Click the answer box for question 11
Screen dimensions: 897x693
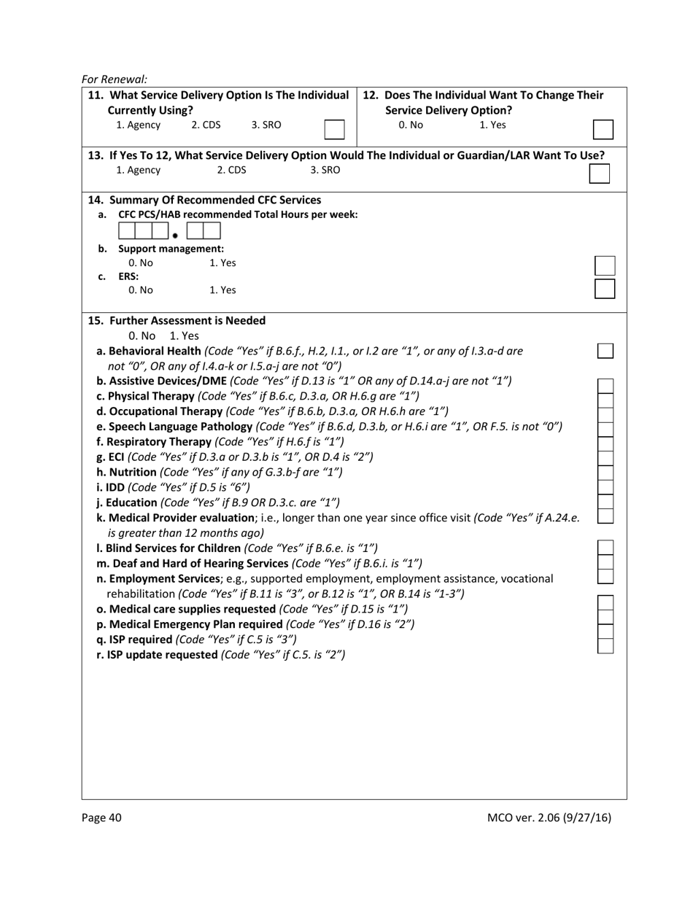(x=334, y=130)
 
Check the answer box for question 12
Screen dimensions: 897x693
(x=603, y=130)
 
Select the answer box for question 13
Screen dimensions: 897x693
(x=599, y=174)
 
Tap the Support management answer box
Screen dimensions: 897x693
(x=605, y=265)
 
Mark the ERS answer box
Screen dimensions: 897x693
(x=605, y=289)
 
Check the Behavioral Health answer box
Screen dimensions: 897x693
(x=605, y=351)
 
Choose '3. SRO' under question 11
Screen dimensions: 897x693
(x=266, y=125)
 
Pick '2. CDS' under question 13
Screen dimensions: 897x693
(x=232, y=170)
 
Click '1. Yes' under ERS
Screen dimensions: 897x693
(x=222, y=290)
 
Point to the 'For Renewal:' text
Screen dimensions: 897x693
(x=115, y=79)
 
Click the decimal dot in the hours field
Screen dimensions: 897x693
(x=175, y=236)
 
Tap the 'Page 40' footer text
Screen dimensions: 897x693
(x=101, y=818)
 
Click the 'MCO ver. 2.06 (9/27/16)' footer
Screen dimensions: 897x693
(x=549, y=818)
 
